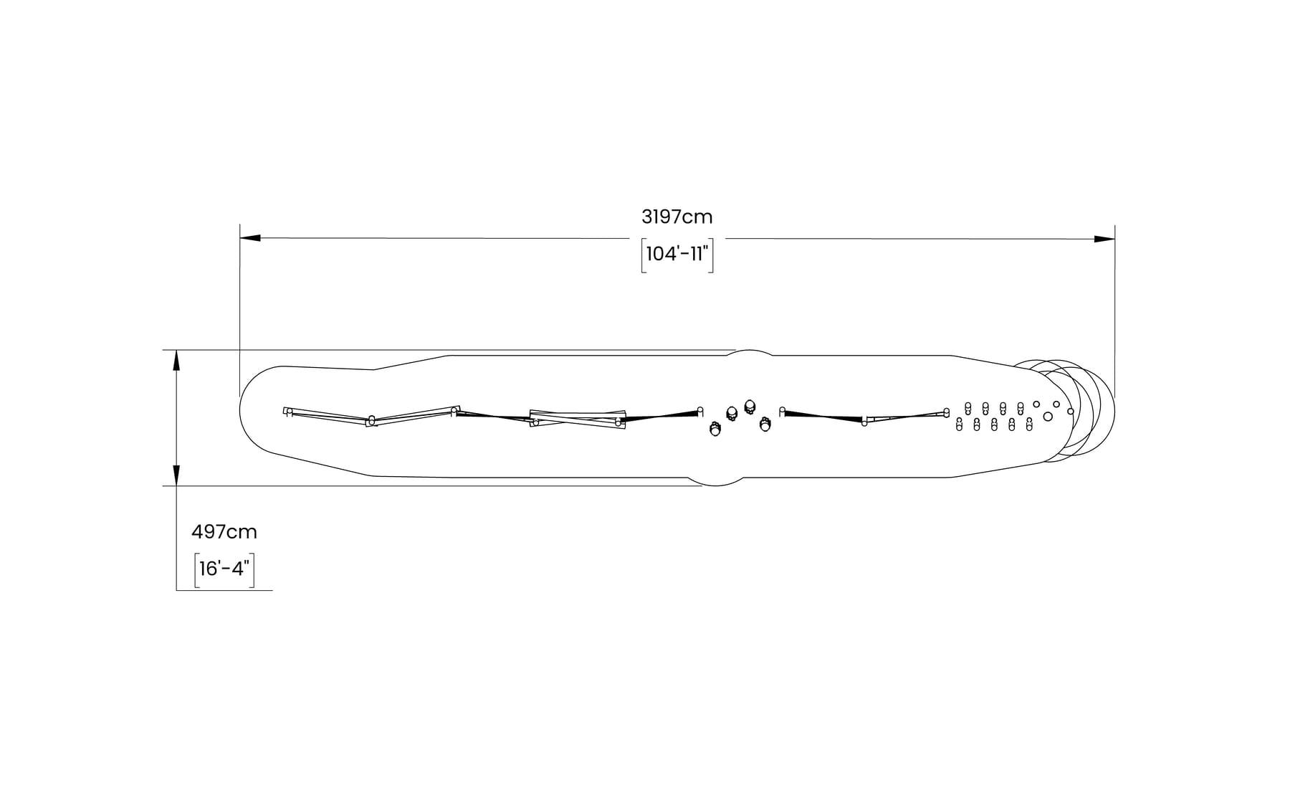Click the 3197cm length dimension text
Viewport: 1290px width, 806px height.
pyautogui.click(x=677, y=217)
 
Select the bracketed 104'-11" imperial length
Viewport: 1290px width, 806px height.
pyautogui.click(x=677, y=255)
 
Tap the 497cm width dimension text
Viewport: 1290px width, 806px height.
pyautogui.click(x=224, y=532)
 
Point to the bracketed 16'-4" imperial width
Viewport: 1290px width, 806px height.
pyautogui.click(x=224, y=569)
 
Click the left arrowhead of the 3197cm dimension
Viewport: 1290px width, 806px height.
pyautogui.click(x=250, y=237)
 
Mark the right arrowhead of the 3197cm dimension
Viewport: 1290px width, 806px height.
pyautogui.click(x=1104, y=239)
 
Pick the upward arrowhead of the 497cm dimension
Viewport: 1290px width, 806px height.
pyautogui.click(x=176, y=360)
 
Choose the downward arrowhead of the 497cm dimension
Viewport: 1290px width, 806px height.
pyautogui.click(x=176, y=475)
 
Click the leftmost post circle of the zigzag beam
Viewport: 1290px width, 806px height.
pyautogui.click(x=287, y=412)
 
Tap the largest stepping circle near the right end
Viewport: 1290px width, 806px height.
pyautogui.click(x=1048, y=417)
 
